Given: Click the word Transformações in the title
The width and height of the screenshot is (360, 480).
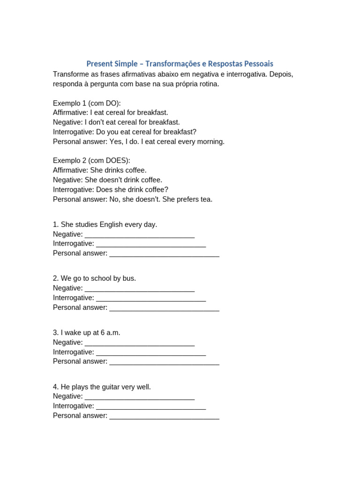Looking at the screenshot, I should point(173,64).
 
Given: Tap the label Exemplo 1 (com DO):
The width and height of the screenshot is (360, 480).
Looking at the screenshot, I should point(87,103).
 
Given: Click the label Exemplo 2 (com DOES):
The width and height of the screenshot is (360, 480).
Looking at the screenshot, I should point(91,161).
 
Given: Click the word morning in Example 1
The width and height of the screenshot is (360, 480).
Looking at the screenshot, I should point(210,142).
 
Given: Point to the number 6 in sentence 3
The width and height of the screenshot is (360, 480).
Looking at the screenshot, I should point(103,333).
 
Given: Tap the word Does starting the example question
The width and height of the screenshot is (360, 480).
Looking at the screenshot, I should point(104,190).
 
